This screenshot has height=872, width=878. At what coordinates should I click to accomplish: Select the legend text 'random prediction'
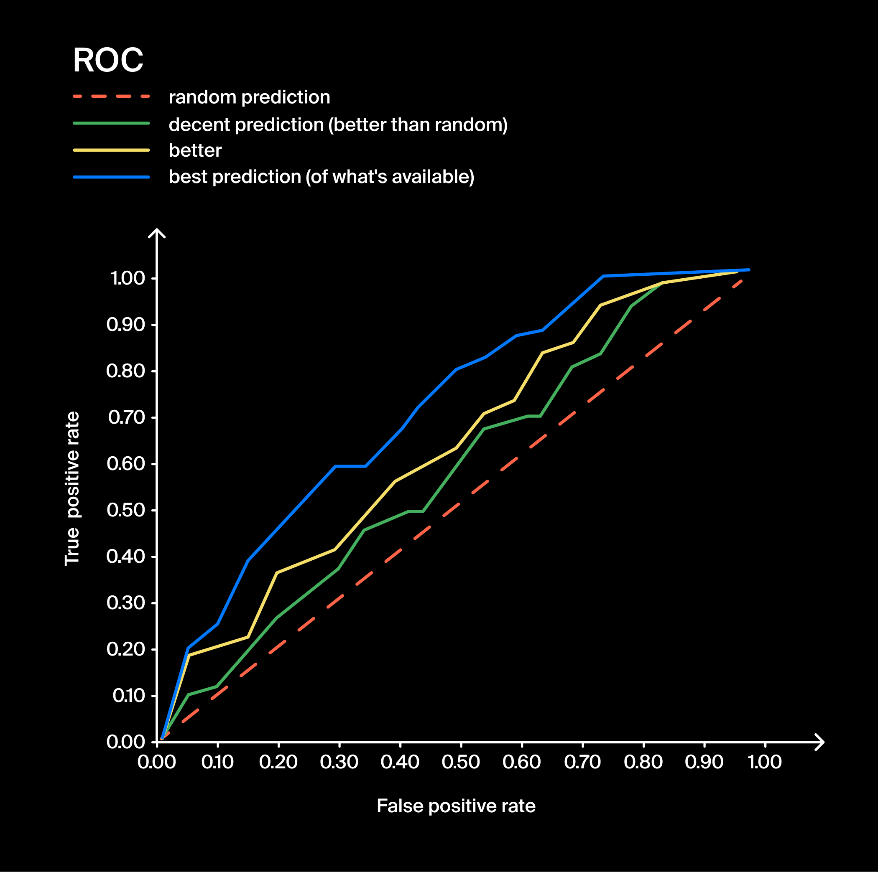point(249,97)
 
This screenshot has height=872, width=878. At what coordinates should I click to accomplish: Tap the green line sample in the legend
point(111,123)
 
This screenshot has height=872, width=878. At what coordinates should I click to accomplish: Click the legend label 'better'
point(195,150)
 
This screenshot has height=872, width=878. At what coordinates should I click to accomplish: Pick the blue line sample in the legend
point(111,177)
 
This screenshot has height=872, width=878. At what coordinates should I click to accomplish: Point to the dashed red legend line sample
point(111,96)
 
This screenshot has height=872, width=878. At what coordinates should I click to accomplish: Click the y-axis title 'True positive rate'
point(72,488)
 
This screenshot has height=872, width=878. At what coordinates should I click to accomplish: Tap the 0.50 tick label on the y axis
point(125,510)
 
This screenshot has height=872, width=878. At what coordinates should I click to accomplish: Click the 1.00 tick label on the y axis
point(127,278)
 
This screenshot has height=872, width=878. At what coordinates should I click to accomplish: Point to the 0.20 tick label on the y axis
point(125,649)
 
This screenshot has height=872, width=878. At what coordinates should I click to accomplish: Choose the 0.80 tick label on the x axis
point(643,762)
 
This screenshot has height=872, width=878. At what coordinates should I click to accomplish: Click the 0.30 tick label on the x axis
point(339,762)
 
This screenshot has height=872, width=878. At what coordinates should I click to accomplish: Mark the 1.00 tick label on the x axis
point(764,762)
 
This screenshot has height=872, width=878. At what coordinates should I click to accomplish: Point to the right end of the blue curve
point(748,270)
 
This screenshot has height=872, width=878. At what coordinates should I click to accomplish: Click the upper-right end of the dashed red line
point(741,281)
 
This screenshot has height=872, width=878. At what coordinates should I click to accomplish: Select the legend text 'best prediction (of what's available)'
point(321,177)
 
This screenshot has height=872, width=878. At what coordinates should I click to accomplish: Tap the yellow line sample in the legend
point(111,150)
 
